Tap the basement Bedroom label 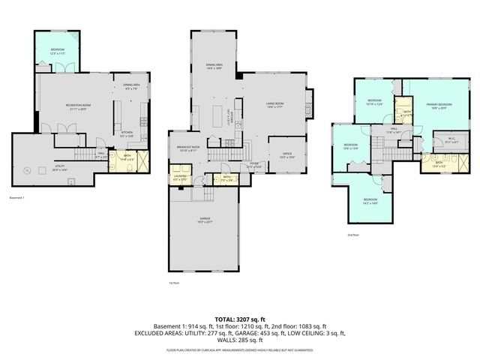(58, 51)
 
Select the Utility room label (60, 169)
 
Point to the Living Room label (274, 104)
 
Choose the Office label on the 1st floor (286, 155)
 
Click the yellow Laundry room (180, 179)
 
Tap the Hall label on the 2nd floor (394, 131)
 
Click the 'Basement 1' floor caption (17, 198)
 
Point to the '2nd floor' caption (354, 235)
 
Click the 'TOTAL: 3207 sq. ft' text (240, 319)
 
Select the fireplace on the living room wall (310, 99)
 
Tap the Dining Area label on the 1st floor (214, 67)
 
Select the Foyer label (254, 165)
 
